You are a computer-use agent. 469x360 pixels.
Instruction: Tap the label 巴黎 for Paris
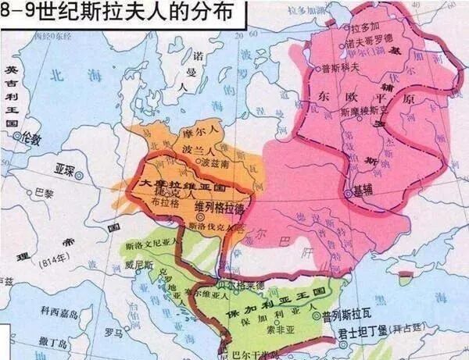click(x=45, y=192)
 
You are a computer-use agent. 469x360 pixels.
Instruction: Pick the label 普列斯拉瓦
click(x=345, y=316)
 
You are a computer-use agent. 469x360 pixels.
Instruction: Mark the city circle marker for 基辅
click(x=348, y=191)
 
